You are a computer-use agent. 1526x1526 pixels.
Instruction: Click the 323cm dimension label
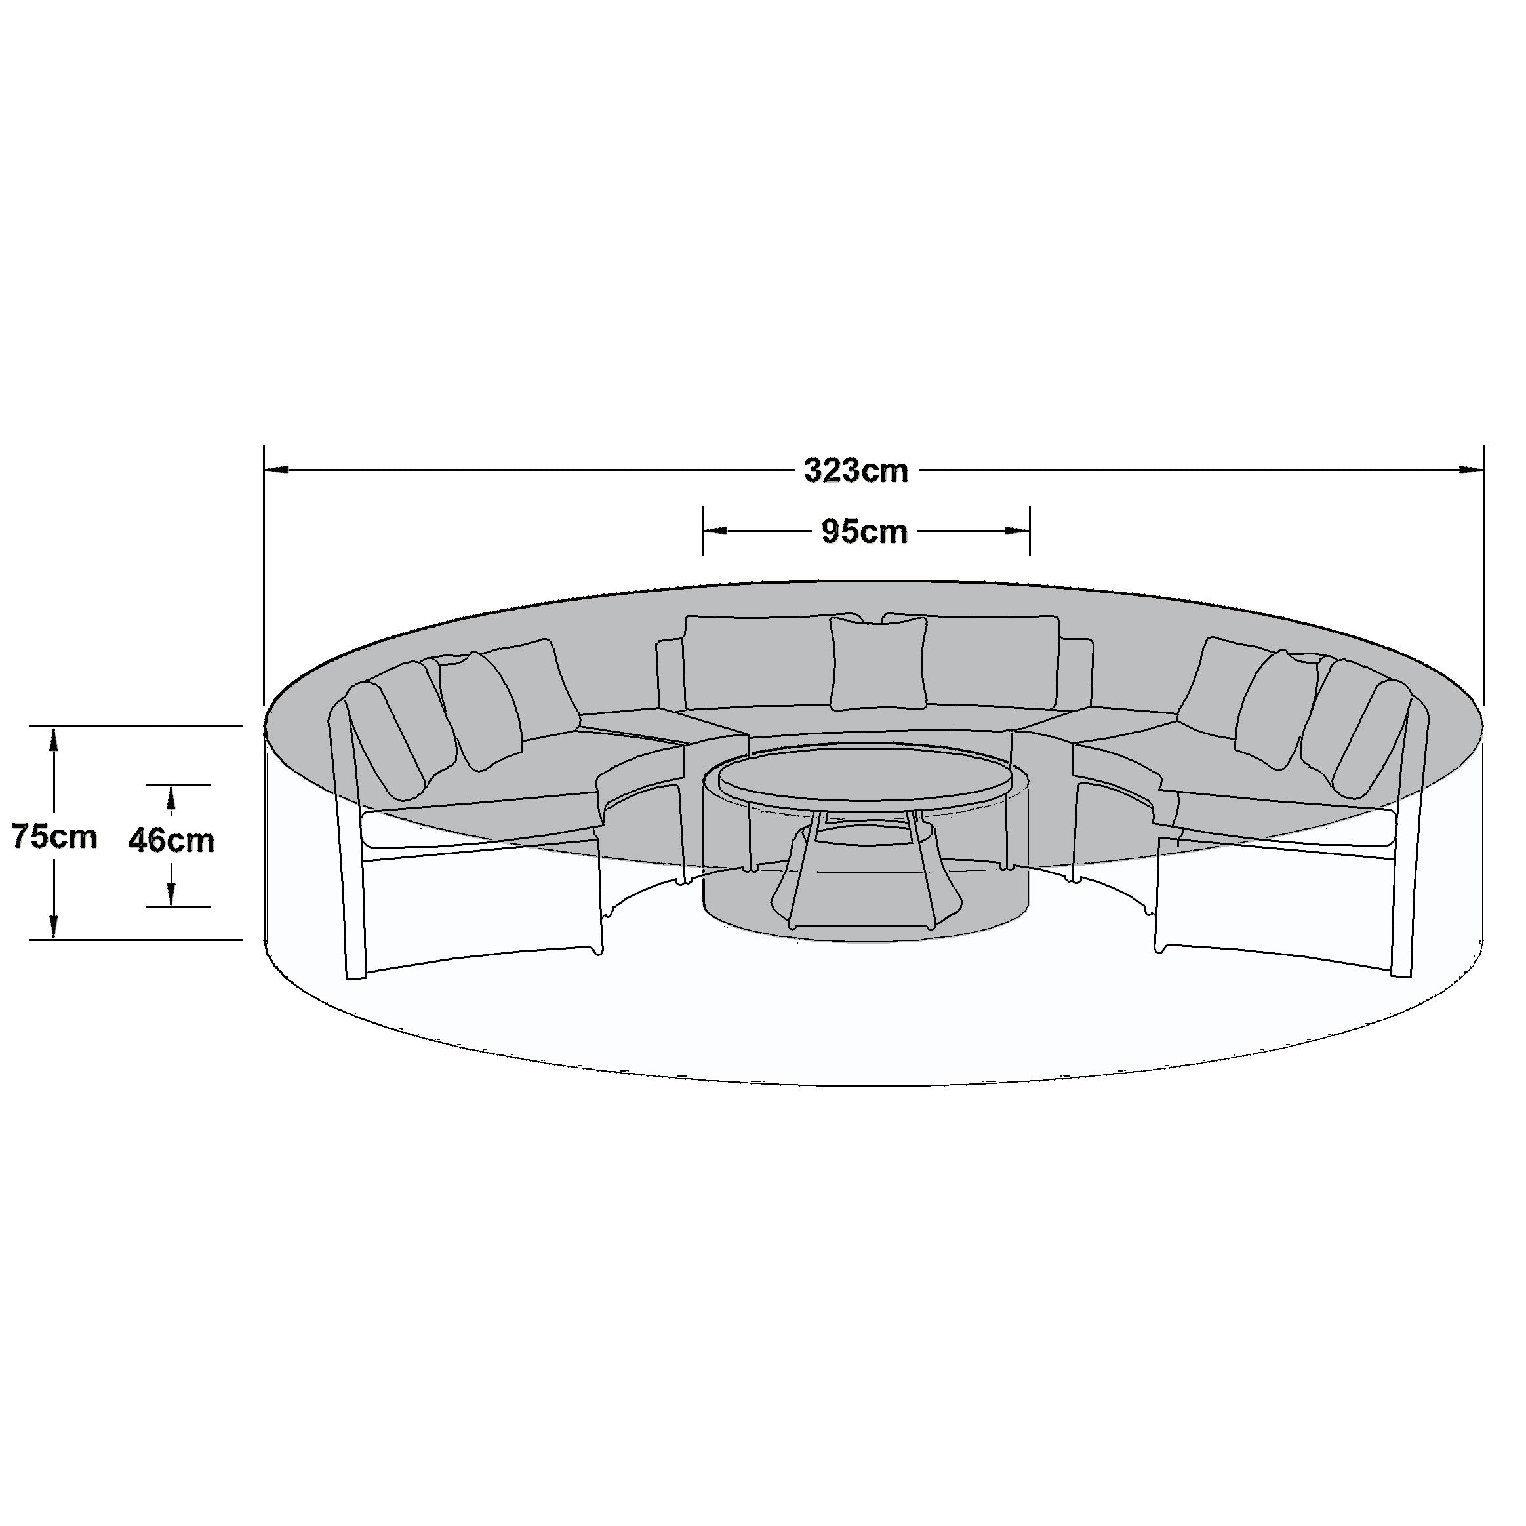(856, 471)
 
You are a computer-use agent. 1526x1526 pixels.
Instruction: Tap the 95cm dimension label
(865, 532)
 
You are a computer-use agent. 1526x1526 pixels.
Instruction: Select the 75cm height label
(54, 835)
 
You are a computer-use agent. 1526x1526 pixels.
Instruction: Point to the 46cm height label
(171, 841)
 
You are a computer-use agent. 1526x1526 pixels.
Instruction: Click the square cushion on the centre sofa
(878, 663)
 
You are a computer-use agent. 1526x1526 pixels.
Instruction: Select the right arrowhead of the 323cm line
(1472, 470)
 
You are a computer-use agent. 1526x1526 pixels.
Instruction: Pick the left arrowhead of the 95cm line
(715, 531)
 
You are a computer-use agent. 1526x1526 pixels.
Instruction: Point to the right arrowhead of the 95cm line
(1017, 531)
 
